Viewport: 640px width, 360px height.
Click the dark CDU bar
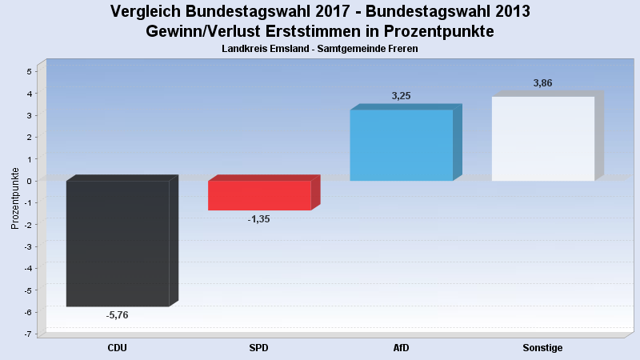117,243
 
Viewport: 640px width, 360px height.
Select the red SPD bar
259,195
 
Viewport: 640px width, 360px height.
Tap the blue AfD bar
401,145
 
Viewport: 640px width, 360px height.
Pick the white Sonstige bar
543,138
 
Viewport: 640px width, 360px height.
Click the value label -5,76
117,315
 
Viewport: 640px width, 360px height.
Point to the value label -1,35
259,218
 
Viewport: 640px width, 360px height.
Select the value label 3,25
401,96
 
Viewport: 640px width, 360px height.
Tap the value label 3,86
543,83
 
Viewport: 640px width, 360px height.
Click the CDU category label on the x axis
117,348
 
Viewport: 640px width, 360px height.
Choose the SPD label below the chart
259,348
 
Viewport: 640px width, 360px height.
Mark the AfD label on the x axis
401,348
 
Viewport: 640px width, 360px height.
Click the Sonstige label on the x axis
543,348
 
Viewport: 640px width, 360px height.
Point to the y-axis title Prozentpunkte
15,198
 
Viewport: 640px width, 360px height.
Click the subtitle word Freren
402,49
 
